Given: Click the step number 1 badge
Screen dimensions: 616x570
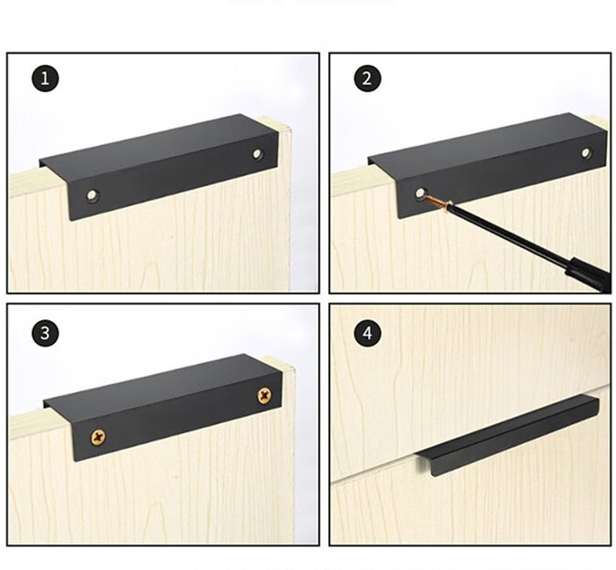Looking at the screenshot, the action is [46, 78].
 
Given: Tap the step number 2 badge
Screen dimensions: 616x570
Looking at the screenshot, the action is [367, 78].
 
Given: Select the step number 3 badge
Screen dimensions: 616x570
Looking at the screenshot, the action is [46, 333].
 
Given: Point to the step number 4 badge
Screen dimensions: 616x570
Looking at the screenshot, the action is [367, 333].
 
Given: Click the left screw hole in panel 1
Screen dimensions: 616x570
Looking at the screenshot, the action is [93, 195].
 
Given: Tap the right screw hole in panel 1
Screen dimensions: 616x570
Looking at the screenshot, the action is [258, 153].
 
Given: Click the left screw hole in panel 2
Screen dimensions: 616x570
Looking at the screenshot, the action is [420, 193].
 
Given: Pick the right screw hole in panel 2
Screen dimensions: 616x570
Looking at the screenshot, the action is [586, 152].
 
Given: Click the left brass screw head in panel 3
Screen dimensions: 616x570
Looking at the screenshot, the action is [98, 437].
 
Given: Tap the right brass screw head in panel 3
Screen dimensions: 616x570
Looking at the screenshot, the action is [264, 395].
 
